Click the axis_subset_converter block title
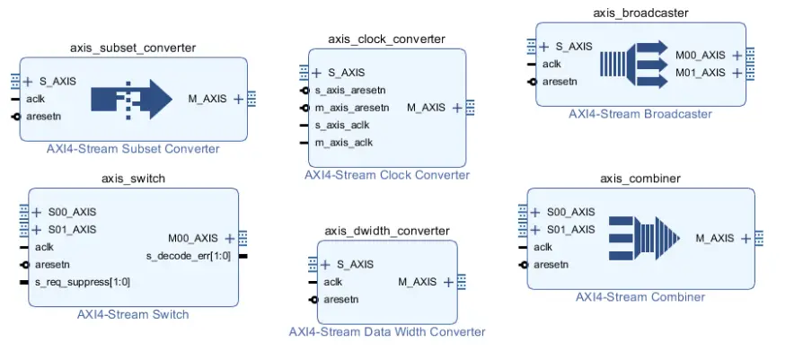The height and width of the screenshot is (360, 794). pyautogui.click(x=133, y=48)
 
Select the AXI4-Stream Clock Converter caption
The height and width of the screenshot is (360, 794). pyautogui.click(x=386, y=175)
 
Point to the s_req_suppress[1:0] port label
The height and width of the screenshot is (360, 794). pyautogui.click(x=82, y=282)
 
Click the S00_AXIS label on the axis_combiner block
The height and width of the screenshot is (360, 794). pyautogui.click(x=570, y=212)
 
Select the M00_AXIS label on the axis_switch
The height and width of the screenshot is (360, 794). pyautogui.click(x=192, y=238)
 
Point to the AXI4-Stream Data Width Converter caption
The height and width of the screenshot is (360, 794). pyautogui.click(x=386, y=331)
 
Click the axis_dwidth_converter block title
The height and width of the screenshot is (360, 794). pyautogui.click(x=387, y=231)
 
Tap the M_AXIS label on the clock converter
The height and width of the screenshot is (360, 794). pyautogui.click(x=426, y=108)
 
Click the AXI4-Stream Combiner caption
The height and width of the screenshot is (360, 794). pyautogui.click(x=640, y=296)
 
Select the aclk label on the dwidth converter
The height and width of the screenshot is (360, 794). pyautogui.click(x=332, y=282)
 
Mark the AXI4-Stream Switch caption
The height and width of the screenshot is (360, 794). pyautogui.click(x=133, y=314)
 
